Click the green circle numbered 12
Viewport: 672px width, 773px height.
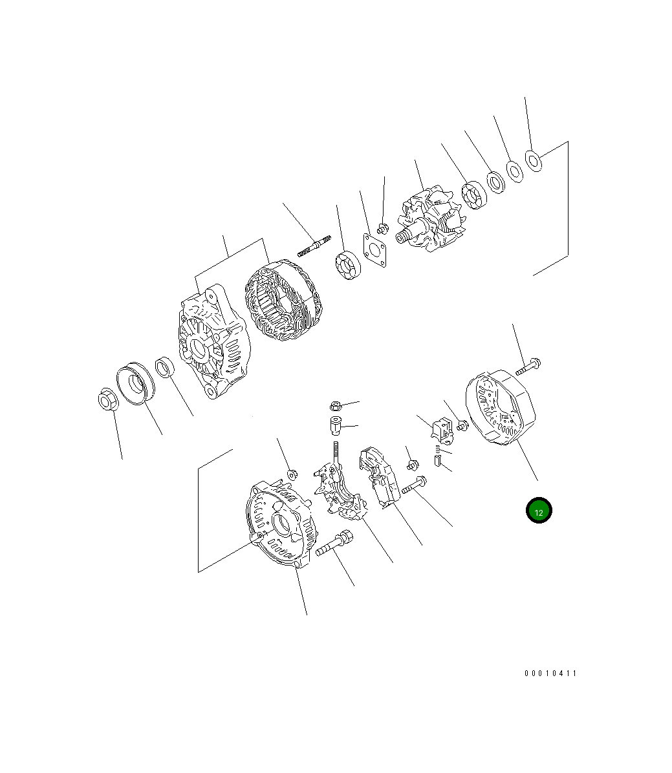[x=538, y=510]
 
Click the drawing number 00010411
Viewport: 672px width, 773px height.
[x=550, y=673]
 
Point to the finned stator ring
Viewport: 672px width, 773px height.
[x=283, y=301]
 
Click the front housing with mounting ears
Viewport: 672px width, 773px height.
[x=213, y=341]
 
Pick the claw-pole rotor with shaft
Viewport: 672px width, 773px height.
[x=430, y=219]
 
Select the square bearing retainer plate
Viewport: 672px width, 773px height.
[x=374, y=250]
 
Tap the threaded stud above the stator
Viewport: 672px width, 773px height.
[x=314, y=246]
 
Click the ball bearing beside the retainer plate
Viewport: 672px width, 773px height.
[x=348, y=265]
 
